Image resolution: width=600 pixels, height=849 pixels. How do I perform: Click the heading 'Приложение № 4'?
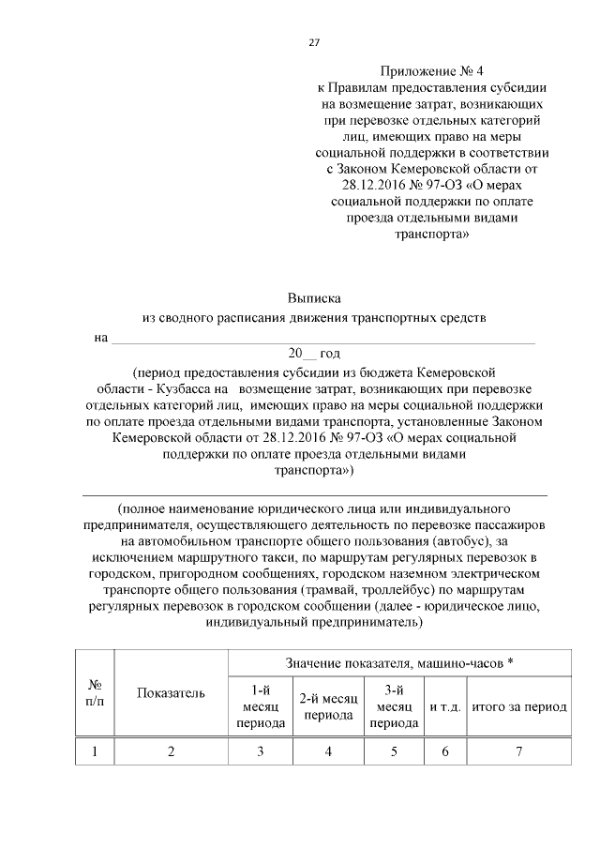(x=432, y=71)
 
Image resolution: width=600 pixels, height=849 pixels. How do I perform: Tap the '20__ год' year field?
(x=314, y=354)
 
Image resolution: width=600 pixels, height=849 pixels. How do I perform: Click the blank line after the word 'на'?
(x=323, y=338)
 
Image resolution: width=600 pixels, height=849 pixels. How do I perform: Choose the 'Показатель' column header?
(x=170, y=693)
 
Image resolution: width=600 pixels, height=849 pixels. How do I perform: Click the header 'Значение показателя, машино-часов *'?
(x=399, y=664)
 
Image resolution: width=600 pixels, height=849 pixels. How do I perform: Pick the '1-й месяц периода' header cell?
(x=260, y=707)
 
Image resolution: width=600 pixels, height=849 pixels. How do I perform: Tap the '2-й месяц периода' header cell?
(x=328, y=707)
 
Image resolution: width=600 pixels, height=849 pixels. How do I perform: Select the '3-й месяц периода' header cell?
(x=394, y=707)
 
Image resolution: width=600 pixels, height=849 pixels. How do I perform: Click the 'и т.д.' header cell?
(x=445, y=707)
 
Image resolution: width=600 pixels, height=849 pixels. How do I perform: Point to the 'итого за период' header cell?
(x=518, y=707)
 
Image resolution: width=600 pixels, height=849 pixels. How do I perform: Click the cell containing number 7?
(x=518, y=751)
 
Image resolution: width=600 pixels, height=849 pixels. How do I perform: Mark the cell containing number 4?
(x=328, y=751)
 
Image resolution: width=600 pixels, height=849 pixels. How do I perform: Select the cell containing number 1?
(x=94, y=751)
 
